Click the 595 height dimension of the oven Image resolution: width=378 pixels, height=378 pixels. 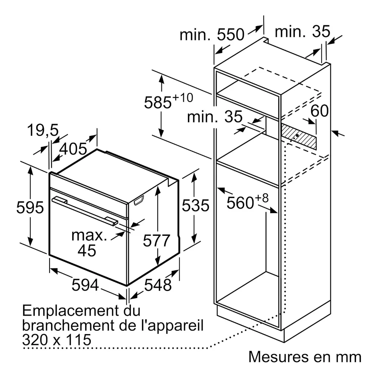[30, 207]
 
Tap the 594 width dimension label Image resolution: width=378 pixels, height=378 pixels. [85, 285]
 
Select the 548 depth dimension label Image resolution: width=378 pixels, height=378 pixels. [158, 285]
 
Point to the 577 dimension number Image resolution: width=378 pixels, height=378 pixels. [157, 240]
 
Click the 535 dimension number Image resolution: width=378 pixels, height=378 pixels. [195, 205]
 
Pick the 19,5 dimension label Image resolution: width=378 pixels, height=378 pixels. [43, 130]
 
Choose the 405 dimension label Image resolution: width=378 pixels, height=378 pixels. [73, 149]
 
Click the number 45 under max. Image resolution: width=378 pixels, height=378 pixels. [87, 250]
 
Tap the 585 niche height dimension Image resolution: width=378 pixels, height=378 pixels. [158, 102]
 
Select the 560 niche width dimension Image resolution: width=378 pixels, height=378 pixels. [240, 203]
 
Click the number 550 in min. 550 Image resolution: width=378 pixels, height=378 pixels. [231, 34]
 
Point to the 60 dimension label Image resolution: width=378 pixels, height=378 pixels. [320, 111]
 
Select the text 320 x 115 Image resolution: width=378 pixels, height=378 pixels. [57, 340]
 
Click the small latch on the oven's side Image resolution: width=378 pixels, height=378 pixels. [139, 200]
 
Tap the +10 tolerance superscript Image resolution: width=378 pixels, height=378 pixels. [183, 98]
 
